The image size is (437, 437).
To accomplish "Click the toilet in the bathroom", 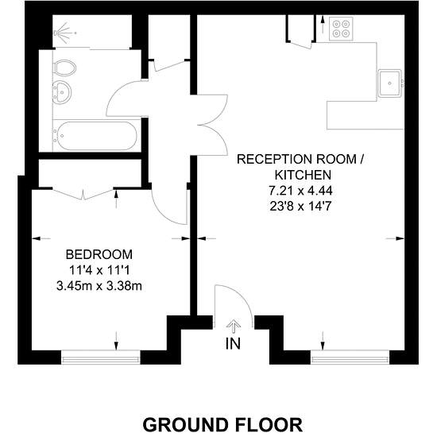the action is [64, 68].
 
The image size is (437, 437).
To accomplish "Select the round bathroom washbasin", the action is [62, 91].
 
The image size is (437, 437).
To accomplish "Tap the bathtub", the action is [95, 135].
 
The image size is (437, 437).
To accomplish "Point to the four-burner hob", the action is [341, 29].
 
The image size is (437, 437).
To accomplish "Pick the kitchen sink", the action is [389, 83].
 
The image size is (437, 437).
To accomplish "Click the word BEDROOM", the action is [99, 254].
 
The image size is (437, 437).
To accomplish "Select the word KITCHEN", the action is [303, 175].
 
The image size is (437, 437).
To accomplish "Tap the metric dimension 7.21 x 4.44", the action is [300, 191].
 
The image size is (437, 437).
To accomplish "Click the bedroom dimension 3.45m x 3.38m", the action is [99, 286].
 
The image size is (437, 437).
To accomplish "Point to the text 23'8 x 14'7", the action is [300, 207].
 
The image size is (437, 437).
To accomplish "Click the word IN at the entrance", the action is [233, 343].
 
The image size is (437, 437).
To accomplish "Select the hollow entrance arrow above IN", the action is [234, 327].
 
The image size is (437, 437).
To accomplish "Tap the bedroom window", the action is [100, 357].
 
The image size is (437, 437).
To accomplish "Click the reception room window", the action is [350, 357].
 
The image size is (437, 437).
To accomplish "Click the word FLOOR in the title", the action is [269, 425].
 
